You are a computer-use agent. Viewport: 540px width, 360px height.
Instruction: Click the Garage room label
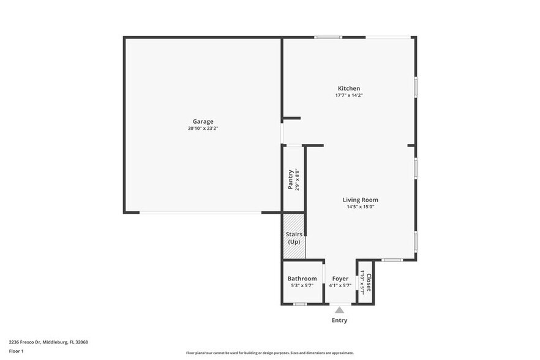click(x=203, y=121)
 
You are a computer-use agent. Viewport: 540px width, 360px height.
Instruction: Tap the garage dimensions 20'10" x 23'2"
click(x=203, y=129)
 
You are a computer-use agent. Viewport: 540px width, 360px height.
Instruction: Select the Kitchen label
click(x=349, y=88)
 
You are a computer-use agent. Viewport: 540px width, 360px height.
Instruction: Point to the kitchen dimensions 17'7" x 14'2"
click(x=349, y=96)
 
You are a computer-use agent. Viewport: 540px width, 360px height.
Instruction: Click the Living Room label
click(x=360, y=200)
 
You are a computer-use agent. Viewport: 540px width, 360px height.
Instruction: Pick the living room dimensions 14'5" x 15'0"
click(x=360, y=207)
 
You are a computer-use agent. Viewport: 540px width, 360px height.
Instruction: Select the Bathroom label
click(x=302, y=279)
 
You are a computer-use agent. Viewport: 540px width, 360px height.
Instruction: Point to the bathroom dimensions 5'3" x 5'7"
click(x=302, y=286)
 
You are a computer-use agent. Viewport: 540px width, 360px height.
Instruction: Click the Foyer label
click(x=340, y=279)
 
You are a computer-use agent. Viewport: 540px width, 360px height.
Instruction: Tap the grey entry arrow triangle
click(x=339, y=310)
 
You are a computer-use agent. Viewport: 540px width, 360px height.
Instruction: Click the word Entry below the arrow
click(x=339, y=320)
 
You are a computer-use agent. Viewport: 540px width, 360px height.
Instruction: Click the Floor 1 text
click(x=16, y=351)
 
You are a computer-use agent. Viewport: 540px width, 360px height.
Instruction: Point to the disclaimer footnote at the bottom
click(x=269, y=353)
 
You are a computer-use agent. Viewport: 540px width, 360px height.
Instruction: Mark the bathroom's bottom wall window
click(x=299, y=304)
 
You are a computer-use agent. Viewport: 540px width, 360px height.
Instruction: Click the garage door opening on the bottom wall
click(x=200, y=212)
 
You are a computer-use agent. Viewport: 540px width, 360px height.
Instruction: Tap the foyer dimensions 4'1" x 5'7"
click(x=340, y=286)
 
